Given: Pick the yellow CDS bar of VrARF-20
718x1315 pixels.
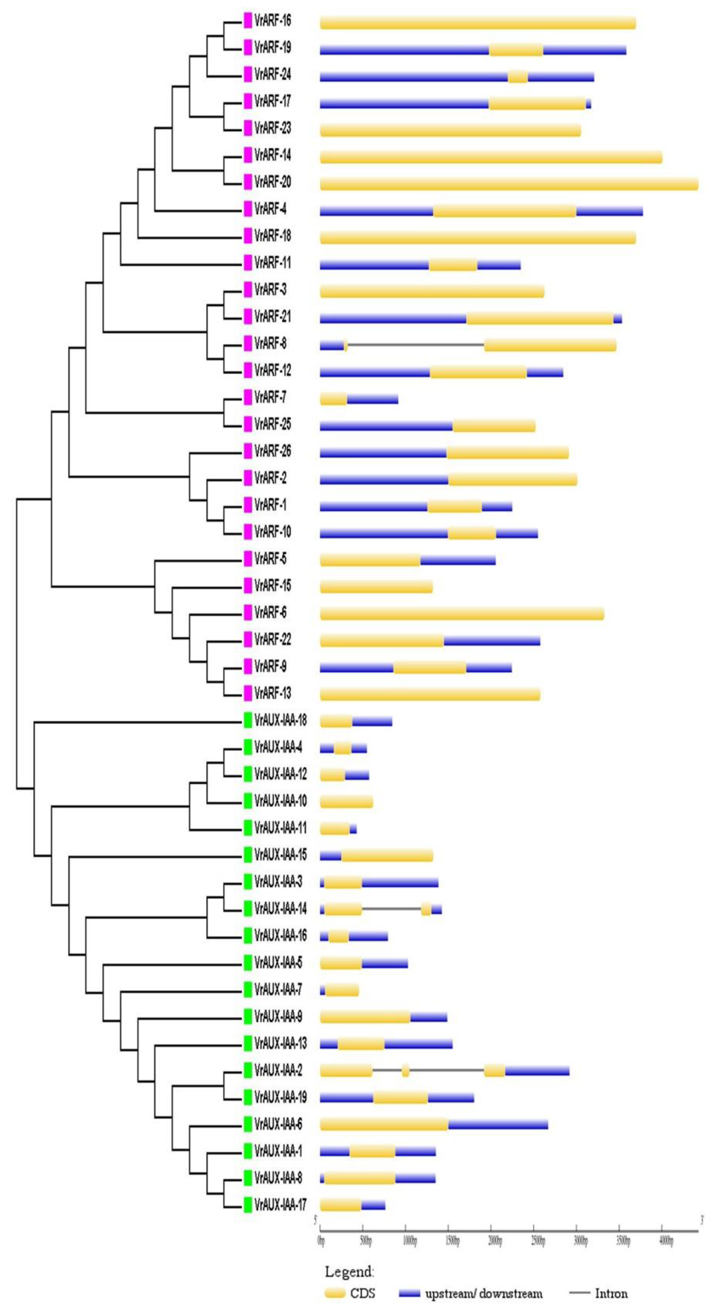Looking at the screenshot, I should pos(509,184).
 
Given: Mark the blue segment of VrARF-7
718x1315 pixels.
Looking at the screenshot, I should pos(372,399).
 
